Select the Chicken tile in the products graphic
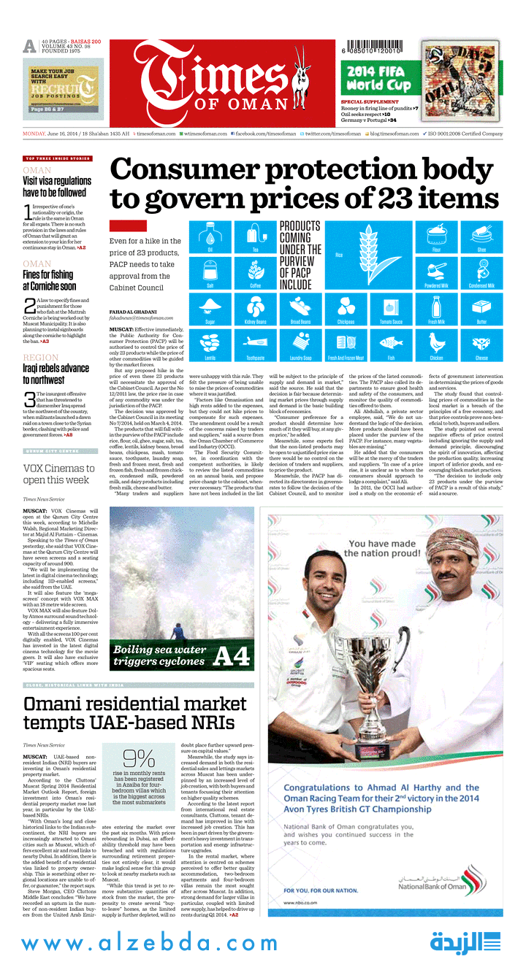437,344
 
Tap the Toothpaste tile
255,344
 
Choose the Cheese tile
481,344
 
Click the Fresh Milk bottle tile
437,307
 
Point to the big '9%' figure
139,758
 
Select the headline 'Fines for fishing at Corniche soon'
48,280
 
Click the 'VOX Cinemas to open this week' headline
59,474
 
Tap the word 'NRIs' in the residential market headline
209,723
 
